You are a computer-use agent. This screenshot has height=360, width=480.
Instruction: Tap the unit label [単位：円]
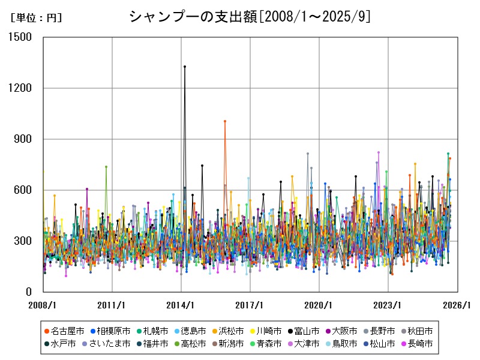[x=36, y=18]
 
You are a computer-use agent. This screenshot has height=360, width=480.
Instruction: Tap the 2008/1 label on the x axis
[x=43, y=305]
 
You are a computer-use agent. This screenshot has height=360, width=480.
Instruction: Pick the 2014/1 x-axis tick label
[x=181, y=305]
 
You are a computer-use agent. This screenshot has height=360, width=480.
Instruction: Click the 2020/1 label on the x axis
[x=319, y=305]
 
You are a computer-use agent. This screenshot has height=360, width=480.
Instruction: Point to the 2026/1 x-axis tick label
[x=457, y=305]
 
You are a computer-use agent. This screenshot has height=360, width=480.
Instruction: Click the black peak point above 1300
[x=185, y=67]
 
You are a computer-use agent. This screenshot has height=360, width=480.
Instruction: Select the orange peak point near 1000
[x=225, y=121]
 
